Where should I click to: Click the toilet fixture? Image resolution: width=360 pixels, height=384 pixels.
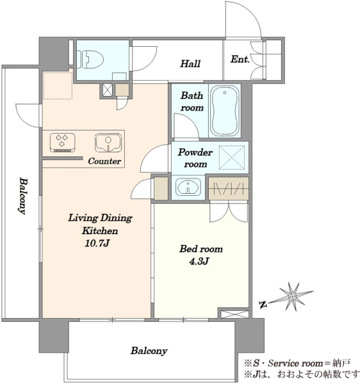click(90, 60)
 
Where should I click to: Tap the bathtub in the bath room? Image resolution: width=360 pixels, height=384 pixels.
click(225, 111)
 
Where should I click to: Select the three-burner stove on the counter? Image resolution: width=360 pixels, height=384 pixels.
click(62, 142)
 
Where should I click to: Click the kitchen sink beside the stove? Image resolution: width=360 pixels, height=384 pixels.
click(108, 142)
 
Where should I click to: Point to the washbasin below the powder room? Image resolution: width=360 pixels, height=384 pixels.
click(188, 187)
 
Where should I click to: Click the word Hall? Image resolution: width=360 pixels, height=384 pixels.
click(190, 63)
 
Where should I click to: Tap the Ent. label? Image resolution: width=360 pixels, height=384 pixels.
click(240, 59)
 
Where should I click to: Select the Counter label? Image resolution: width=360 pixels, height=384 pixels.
click(104, 161)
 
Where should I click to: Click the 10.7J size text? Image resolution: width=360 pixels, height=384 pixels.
click(97, 243)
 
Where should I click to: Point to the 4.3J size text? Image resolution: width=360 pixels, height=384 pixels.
click(199, 261)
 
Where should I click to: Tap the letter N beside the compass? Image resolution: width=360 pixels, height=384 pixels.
click(263, 305)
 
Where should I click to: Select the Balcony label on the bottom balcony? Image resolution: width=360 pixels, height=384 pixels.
click(149, 351)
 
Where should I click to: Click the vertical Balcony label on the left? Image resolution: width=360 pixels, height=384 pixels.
click(23, 196)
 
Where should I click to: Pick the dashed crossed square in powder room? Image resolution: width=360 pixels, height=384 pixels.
click(232, 157)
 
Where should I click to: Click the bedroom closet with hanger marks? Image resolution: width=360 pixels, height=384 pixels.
click(229, 189)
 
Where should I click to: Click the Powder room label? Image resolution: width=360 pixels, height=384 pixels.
click(195, 158)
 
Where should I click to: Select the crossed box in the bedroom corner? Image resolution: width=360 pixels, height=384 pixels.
click(235, 314)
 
